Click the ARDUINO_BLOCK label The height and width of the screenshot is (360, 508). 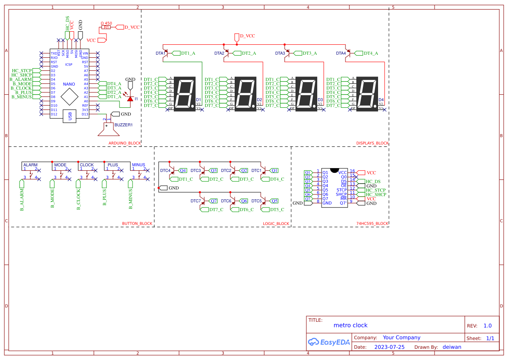coord(125,143)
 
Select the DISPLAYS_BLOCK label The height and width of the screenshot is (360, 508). coord(372,143)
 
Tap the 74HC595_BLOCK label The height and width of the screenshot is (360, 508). coord(372,224)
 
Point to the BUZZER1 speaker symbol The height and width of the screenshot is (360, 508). coord(106,129)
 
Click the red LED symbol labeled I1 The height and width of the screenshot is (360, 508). coord(129,99)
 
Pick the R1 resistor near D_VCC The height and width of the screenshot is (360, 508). coord(106,27)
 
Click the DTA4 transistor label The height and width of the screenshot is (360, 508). coord(341,53)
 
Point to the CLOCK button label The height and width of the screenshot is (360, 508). coord(86,165)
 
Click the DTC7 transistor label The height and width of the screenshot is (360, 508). coord(196,201)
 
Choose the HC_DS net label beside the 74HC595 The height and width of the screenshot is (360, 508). coord(373,182)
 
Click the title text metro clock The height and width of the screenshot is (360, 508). coord(350,325)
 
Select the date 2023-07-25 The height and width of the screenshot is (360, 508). coord(389,347)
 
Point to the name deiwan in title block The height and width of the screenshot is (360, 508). coord(452,347)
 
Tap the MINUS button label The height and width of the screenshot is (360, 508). coord(139,165)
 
